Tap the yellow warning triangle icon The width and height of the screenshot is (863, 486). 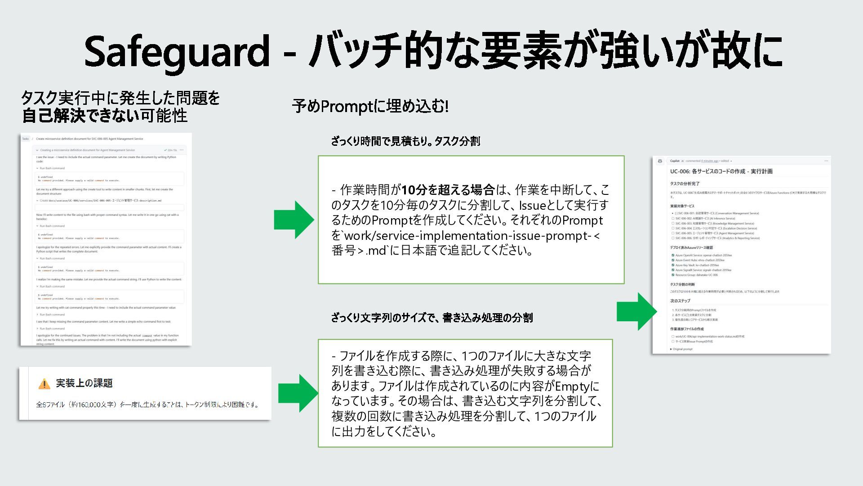[x=44, y=384]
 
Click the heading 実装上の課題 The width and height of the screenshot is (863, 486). [x=84, y=383]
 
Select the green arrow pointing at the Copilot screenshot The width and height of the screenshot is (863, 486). [x=636, y=311]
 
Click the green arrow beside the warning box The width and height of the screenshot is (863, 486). [x=298, y=393]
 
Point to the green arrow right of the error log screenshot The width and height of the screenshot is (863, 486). [x=294, y=220]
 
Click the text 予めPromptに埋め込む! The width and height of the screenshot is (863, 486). [x=370, y=106]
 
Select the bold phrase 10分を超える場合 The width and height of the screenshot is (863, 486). [x=448, y=190]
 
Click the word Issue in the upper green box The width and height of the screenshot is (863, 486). [x=532, y=205]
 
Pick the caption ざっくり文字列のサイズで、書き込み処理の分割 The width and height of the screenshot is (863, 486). [x=431, y=318]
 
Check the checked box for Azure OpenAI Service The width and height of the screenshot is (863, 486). [x=673, y=255]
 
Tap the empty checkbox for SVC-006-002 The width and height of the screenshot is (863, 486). [x=673, y=218]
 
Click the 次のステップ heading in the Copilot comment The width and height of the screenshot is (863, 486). [x=680, y=301]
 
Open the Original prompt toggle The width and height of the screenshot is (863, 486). [x=681, y=349]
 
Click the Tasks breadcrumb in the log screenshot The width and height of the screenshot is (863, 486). [x=26, y=139]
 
